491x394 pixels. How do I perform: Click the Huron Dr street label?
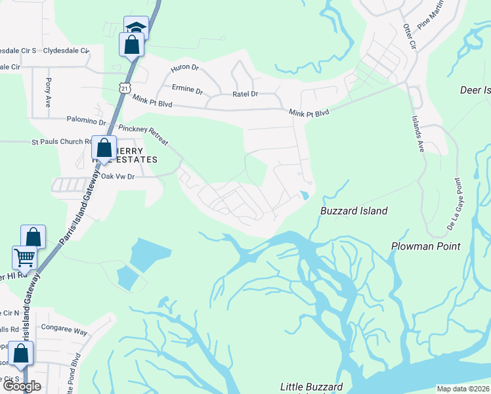[x=184, y=68]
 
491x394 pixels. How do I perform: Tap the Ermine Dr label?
[x=187, y=88]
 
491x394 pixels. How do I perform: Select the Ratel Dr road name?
[x=245, y=94]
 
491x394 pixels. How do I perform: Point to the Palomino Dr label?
[x=86, y=121]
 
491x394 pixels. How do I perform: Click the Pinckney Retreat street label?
[x=144, y=135]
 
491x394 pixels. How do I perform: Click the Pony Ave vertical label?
[x=48, y=93]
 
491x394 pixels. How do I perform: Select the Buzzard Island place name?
[x=354, y=211]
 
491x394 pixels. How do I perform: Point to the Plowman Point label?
[x=426, y=246]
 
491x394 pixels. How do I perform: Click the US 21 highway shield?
[x=125, y=87]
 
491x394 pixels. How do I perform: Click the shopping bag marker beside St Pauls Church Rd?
[x=104, y=148]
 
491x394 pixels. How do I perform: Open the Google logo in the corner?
[x=21, y=385]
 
